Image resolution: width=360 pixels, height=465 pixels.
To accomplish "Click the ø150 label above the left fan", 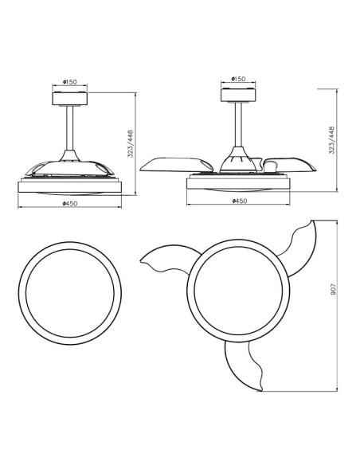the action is pos(69,82).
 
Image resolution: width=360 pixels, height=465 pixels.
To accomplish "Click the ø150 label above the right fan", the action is pos(238,79).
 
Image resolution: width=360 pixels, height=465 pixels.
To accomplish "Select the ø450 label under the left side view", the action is pos(70,204).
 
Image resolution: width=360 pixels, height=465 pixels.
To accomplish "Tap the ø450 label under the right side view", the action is pos(239,201).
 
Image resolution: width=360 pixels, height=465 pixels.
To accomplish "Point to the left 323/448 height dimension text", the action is pos(131,144).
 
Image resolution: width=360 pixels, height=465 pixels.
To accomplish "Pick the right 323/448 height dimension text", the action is pos(331,140).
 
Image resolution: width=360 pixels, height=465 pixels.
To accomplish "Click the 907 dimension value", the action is pos(333,289).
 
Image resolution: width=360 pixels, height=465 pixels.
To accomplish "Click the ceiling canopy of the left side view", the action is pos(70,99).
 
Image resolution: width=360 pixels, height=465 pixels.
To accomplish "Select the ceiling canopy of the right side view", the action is pos(238,96).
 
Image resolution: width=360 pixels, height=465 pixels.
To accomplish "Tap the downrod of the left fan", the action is pos(69,128).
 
